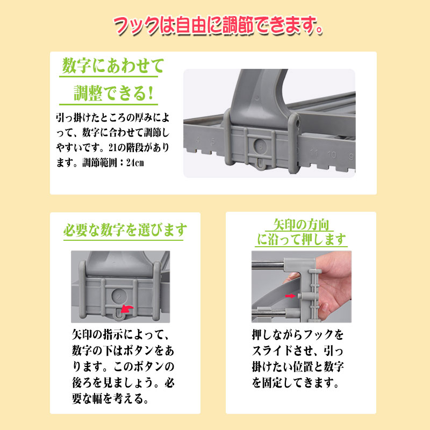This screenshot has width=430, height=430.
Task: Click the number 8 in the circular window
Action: click(261, 146)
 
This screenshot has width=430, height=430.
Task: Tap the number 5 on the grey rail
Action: click(213, 141)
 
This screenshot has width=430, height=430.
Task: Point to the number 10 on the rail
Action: click(332, 155)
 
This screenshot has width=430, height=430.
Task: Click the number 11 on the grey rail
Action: click(314, 152)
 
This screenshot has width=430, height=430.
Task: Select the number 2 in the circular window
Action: click(118, 297)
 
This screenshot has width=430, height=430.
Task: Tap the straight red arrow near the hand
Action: click(290, 296)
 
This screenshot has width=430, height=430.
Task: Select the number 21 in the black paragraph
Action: click(113, 148)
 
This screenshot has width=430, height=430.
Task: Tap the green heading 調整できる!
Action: click(113, 92)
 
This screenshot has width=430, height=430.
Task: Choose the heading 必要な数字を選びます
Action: click(125, 230)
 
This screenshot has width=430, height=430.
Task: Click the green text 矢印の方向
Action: click(301, 225)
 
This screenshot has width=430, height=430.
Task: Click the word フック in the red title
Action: click(136, 25)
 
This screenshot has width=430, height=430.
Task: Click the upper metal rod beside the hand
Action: click(268, 264)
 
